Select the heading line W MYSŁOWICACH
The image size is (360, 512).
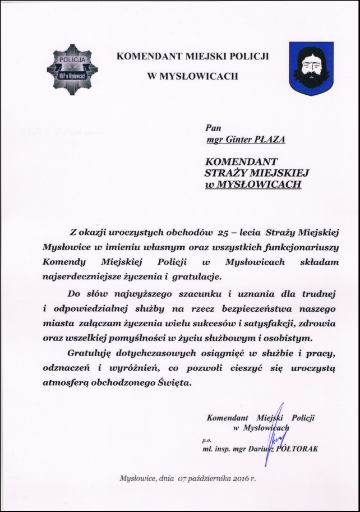point(192,76)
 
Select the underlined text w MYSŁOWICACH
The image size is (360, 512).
point(253,183)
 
